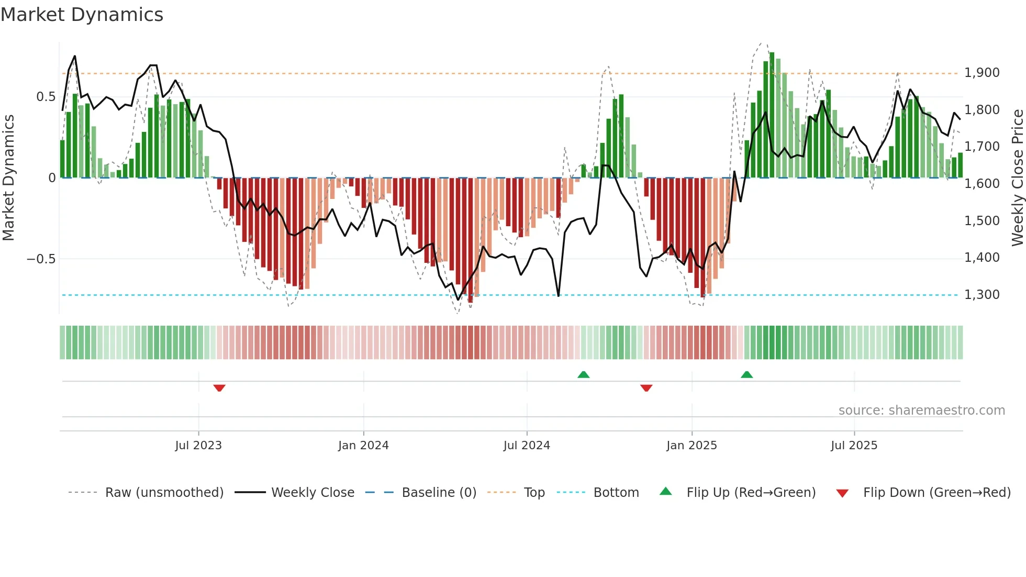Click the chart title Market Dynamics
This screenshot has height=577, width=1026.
[82, 15]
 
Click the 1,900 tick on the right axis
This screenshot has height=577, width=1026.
[982, 73]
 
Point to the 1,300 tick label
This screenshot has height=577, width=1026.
[982, 295]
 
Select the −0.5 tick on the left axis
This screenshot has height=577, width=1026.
[41, 259]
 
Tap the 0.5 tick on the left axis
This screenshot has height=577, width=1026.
[46, 97]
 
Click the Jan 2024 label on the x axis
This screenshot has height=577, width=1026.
[363, 446]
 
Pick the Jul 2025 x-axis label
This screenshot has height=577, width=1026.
[854, 446]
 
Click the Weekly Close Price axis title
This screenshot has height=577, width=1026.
[1017, 177]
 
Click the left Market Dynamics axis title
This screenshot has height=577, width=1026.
[8, 177]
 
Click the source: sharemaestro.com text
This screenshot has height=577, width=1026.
[921, 410]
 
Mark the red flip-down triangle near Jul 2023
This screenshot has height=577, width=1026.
[219, 388]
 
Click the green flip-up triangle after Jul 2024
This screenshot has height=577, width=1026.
[583, 374]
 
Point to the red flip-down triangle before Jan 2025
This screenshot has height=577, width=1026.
[646, 388]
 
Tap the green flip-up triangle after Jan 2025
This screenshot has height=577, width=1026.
[746, 374]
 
